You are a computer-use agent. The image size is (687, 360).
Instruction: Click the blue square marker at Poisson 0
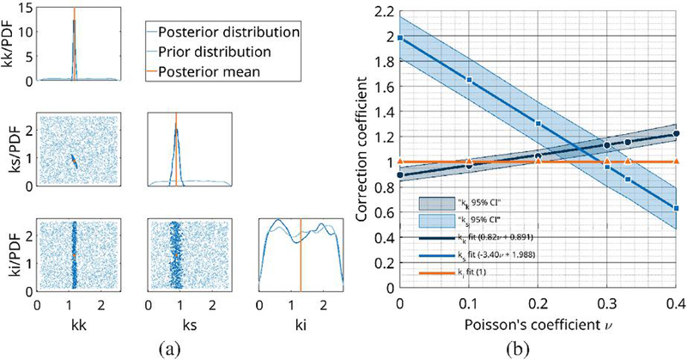tap(400, 38)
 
